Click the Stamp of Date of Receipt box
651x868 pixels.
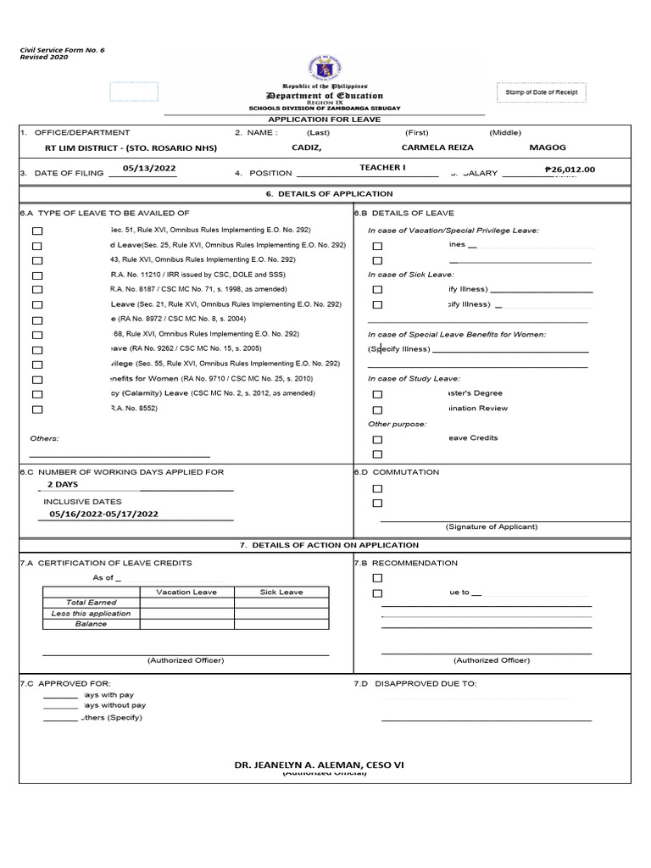[x=541, y=93]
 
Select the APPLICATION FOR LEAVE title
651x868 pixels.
[x=325, y=120]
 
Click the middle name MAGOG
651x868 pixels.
[x=547, y=147]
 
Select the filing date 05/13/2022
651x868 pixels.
[x=149, y=169]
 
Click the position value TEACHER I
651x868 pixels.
[x=382, y=168]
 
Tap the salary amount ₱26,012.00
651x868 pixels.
[x=570, y=170]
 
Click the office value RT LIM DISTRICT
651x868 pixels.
[x=131, y=148]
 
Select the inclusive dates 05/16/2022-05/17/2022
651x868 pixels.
[x=103, y=514]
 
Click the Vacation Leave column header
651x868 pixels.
[x=186, y=592]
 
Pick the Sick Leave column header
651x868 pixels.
[x=281, y=592]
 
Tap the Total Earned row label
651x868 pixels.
[x=92, y=603]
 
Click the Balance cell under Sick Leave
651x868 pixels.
[x=281, y=625]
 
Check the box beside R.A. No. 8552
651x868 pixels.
[x=36, y=409]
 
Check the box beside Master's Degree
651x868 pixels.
[x=377, y=394]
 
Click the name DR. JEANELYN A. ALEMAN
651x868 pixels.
[x=319, y=765]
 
